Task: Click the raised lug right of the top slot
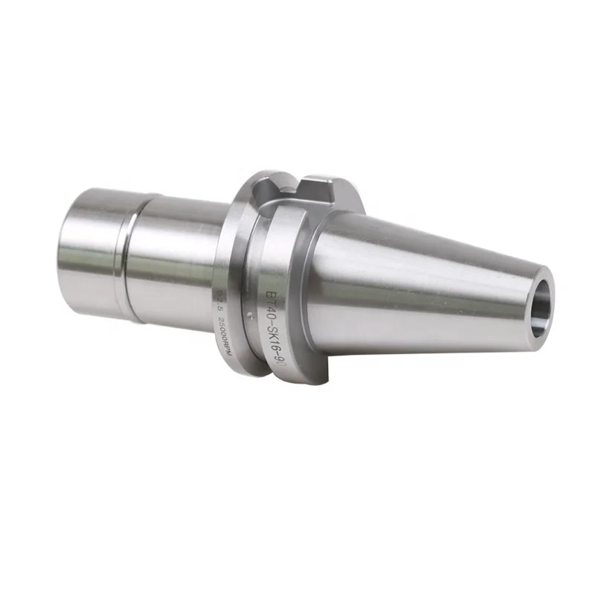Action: [x=321, y=186]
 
